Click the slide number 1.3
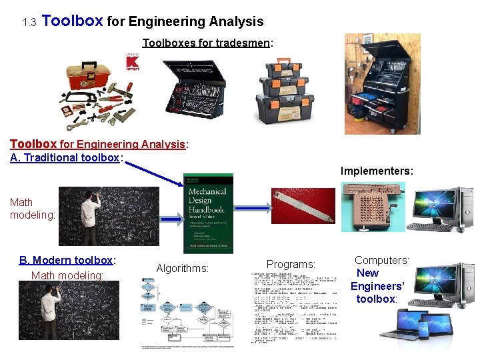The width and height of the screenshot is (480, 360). pyautogui.click(x=28, y=23)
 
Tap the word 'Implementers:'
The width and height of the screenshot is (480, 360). pyautogui.click(x=377, y=171)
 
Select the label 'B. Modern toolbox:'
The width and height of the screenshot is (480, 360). pyautogui.click(x=68, y=260)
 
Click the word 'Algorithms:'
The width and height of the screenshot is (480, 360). pyautogui.click(x=183, y=268)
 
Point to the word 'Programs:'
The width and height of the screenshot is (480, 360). pyautogui.click(x=291, y=264)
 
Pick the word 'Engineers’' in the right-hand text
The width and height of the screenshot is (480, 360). pyautogui.click(x=378, y=286)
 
